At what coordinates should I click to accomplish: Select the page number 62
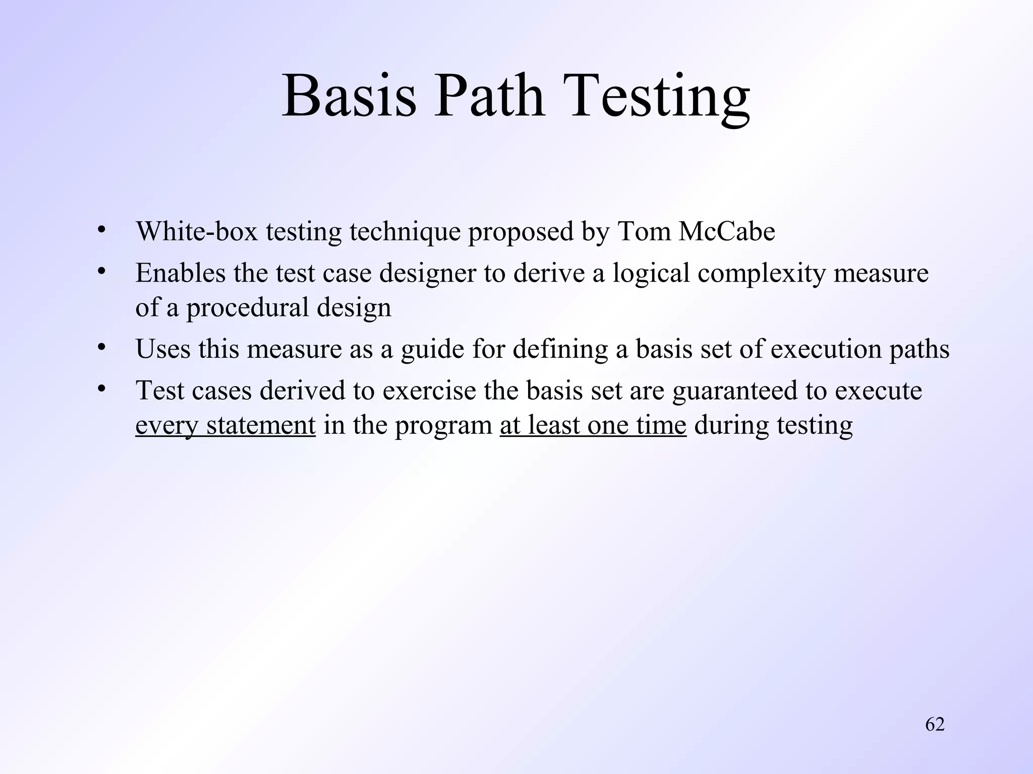point(935,724)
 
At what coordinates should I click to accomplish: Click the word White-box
point(197,232)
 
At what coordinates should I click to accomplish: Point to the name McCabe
point(727,232)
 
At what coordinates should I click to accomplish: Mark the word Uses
point(163,349)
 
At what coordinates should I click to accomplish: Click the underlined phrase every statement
point(225,425)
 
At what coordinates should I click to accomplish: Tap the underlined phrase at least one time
point(593,425)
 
